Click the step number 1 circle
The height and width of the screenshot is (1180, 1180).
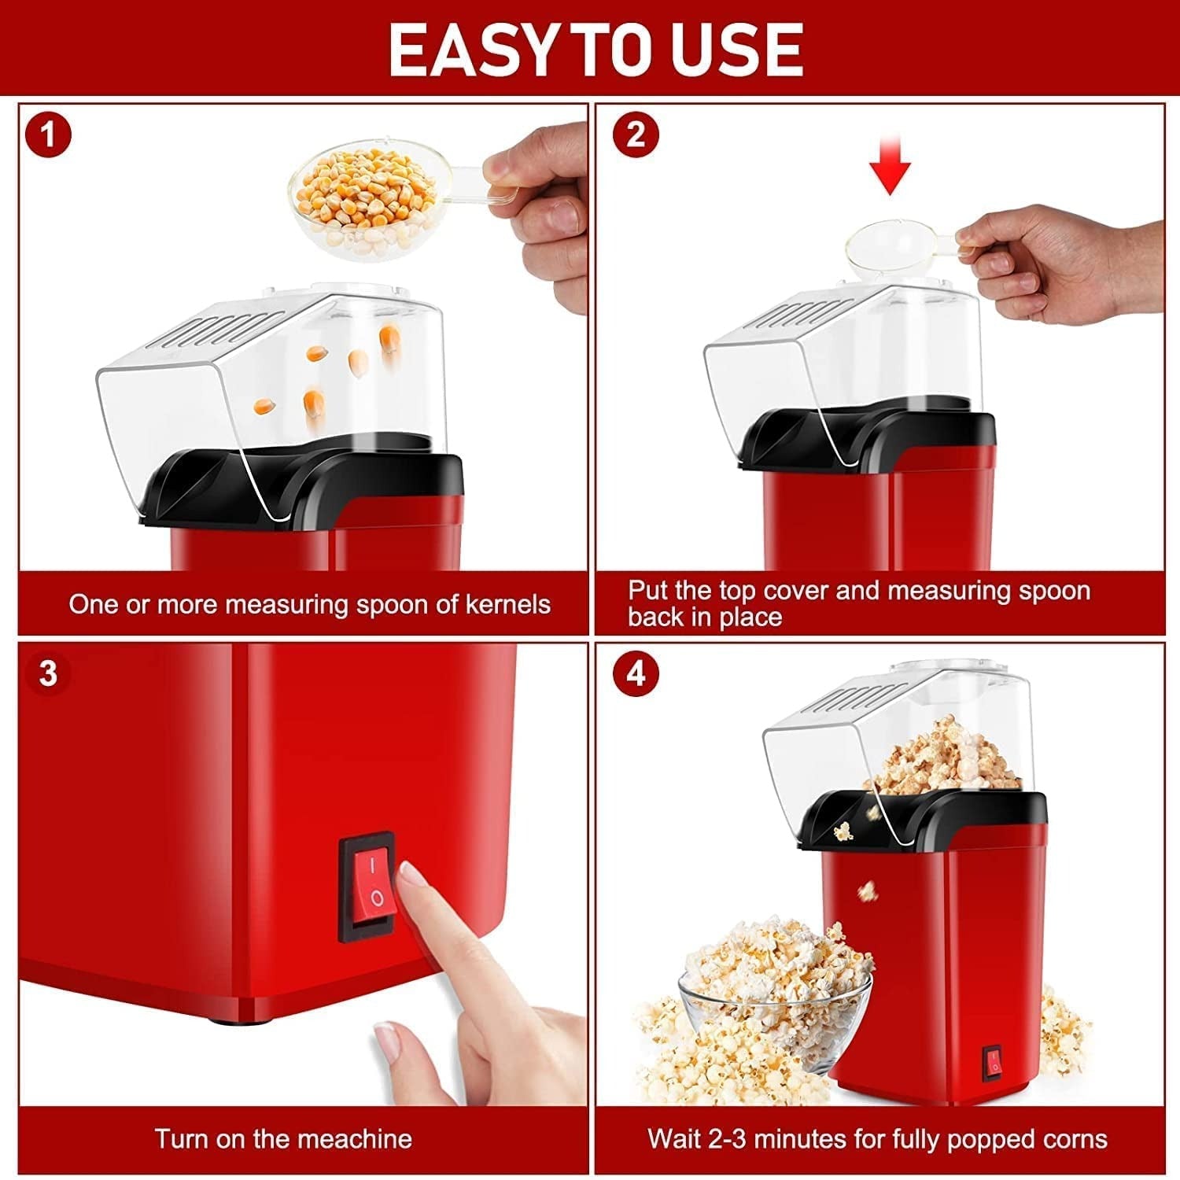pos(48,135)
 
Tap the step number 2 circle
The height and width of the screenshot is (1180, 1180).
pos(636,135)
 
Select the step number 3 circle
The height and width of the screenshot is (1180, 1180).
pos(48,674)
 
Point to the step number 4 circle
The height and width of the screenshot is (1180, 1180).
pos(636,674)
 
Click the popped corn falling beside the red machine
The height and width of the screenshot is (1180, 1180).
pos(867,891)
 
